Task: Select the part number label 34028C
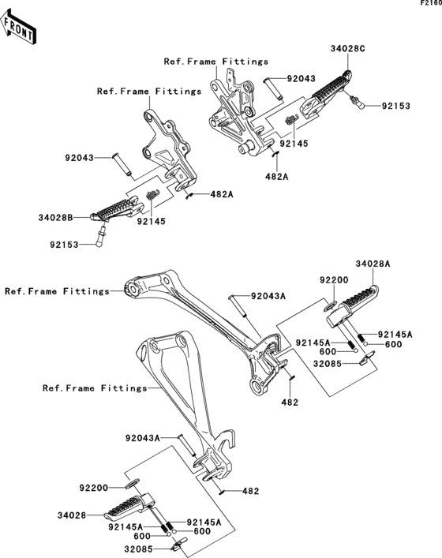coord(348,48)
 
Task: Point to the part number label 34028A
coord(373,264)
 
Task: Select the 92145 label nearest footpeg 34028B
coord(152,222)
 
